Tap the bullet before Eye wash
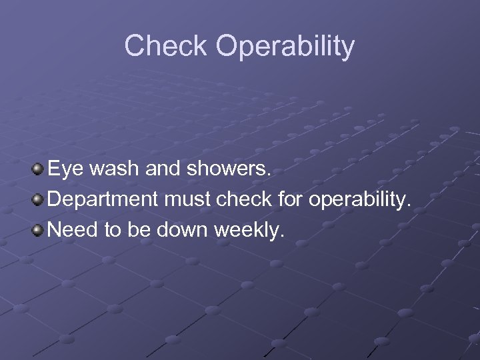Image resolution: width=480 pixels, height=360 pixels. click(39, 169)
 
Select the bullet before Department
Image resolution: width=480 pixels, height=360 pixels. click(39, 199)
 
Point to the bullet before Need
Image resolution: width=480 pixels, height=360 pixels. click(39, 230)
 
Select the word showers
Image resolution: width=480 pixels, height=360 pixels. click(230, 169)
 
